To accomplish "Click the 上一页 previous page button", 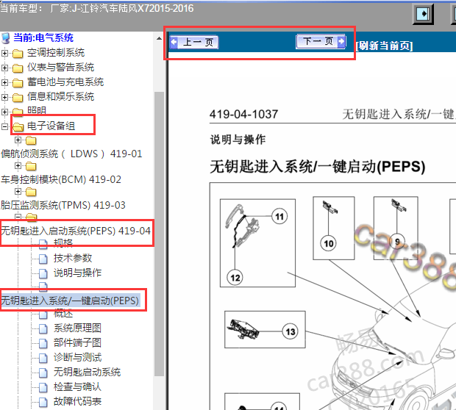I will click(x=193, y=43).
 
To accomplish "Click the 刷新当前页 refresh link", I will click(x=383, y=46).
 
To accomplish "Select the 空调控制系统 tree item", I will click(x=55, y=53).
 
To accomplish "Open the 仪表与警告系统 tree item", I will click(x=60, y=68).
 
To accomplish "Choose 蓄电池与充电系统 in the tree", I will click(x=65, y=82).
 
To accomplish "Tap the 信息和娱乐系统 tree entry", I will click(x=60, y=97).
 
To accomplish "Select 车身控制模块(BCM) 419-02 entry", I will click(x=61, y=180).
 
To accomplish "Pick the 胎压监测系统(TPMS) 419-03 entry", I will click(x=63, y=206).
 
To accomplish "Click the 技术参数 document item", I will click(x=73, y=259).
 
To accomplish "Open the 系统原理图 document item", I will click(x=77, y=328).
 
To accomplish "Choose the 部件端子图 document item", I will click(x=77, y=343).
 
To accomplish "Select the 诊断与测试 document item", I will click(x=77, y=358).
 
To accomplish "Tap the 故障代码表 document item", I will click(x=77, y=402).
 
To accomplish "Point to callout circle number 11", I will click(x=278, y=216).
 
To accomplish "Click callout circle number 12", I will click(x=235, y=278).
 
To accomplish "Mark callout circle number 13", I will click(x=291, y=332).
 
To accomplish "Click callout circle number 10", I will click(x=328, y=243).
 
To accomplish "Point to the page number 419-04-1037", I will click(x=243, y=114).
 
